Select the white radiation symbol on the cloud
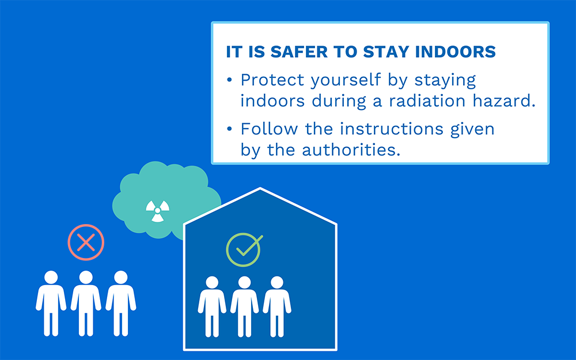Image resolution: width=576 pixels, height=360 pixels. tap(157, 211)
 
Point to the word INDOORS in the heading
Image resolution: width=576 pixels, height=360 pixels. tap(456, 52)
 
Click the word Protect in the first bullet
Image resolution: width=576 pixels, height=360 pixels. tap(272, 79)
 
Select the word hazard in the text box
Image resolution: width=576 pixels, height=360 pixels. tap(503, 101)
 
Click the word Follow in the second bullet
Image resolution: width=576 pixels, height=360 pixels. tap(269, 129)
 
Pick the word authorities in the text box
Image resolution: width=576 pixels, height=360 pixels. tap(351, 150)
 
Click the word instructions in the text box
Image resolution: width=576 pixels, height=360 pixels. tap(391, 129)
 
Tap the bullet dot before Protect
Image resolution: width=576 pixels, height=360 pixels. tap(230, 79)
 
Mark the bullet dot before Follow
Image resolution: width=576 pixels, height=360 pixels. tap(230, 129)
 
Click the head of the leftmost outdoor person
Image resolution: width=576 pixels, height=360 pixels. tap(51, 278)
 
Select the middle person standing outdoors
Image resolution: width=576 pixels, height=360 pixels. tap(86, 304)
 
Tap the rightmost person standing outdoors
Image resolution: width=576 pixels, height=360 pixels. tap(121, 304)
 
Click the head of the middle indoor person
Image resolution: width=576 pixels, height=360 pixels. tap(244, 283)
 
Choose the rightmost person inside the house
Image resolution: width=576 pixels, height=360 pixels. tap(277, 307)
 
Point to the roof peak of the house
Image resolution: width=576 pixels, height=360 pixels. tap(260, 188)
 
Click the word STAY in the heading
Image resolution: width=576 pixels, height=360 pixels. tap(386, 52)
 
